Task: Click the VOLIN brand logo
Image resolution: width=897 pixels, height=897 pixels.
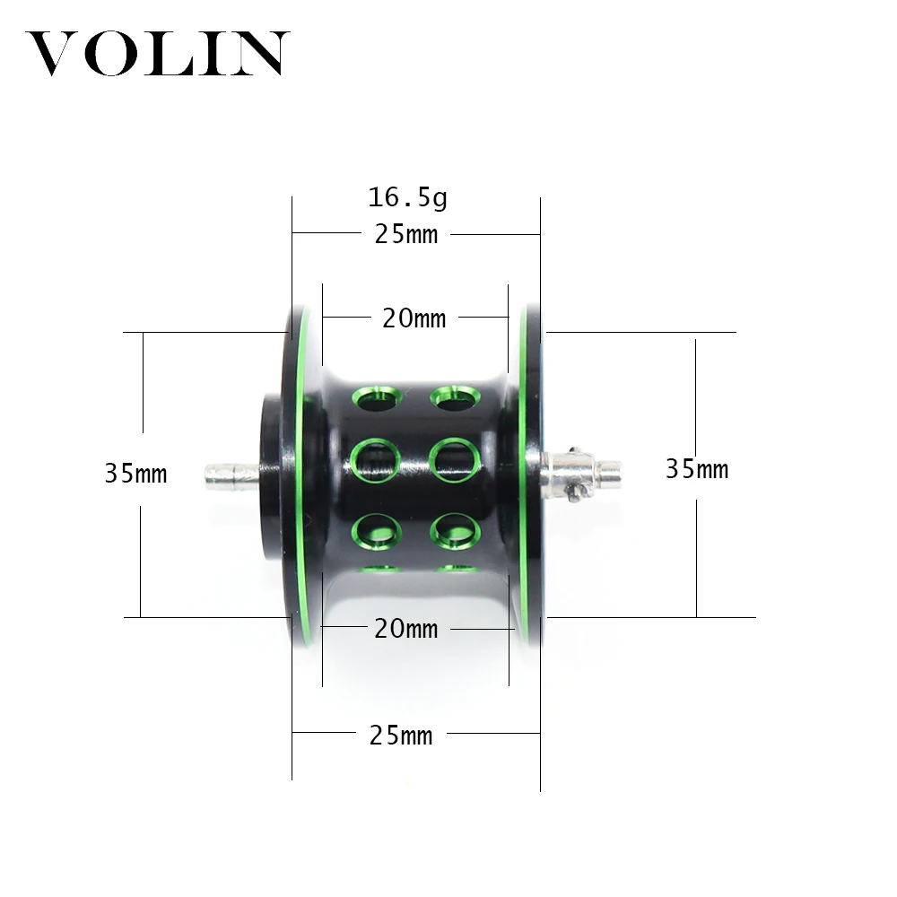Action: [x=158, y=54]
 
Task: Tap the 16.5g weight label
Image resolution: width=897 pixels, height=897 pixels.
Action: [x=406, y=197]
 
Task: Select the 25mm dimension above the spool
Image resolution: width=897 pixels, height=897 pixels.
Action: [x=405, y=235]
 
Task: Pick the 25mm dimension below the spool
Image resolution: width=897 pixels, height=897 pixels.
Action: [x=401, y=736]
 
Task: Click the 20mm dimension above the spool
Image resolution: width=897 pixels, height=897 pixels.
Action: [x=414, y=318]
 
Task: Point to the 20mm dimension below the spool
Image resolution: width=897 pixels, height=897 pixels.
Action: [x=405, y=629]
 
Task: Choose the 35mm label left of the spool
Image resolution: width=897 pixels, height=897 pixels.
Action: [x=135, y=474]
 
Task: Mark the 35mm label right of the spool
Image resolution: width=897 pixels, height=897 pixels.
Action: [x=696, y=468]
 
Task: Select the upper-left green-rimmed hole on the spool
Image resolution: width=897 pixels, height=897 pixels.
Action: [x=376, y=397]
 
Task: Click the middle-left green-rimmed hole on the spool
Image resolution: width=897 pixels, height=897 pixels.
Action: [x=375, y=461]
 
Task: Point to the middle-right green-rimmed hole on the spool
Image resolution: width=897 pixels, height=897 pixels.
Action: [x=455, y=460]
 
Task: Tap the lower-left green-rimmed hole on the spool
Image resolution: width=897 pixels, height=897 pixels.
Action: [x=376, y=530]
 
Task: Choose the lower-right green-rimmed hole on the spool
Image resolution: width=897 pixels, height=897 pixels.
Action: [x=455, y=531]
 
